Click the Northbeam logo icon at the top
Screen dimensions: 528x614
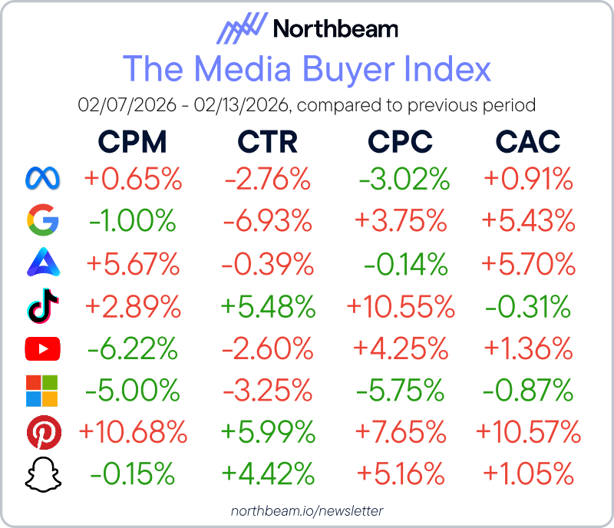coord(242,31)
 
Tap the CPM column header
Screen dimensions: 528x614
coord(132,141)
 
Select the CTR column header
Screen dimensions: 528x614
coord(267,141)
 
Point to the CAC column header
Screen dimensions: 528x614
coord(528,141)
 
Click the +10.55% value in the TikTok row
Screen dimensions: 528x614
coord(401,307)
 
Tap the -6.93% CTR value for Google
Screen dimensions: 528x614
coord(268,222)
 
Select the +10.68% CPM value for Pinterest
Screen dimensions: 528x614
coord(133,434)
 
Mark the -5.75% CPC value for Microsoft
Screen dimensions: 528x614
coord(401,391)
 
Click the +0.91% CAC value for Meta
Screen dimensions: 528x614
coord(528,180)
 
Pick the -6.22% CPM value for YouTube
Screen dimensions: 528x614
coord(133,349)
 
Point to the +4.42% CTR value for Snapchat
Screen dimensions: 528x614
coord(268,476)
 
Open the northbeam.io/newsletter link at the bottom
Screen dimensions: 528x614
coord(307,510)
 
